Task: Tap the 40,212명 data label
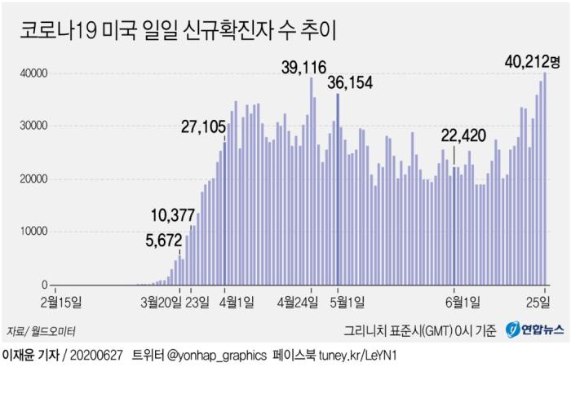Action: [529, 60]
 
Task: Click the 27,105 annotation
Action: [205, 126]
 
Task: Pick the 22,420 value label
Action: [464, 135]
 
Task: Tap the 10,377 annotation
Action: [172, 215]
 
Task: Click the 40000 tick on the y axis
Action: [33, 73]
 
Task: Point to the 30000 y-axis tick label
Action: [33, 126]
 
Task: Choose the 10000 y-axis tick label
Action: [33, 232]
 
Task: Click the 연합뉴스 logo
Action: [533, 331]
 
